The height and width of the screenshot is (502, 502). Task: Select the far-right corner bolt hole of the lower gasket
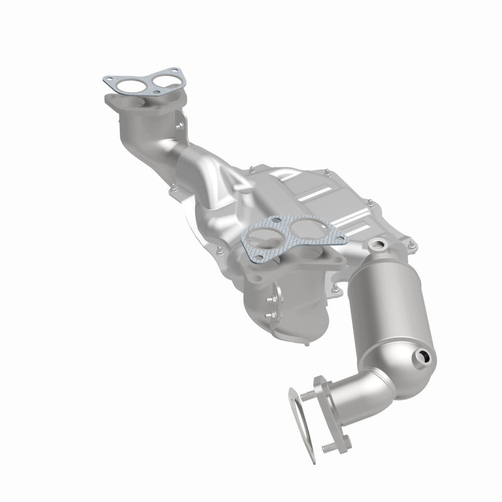(339, 237)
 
